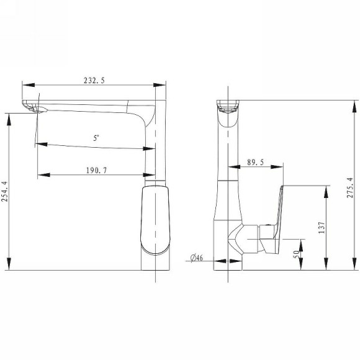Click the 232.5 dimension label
click(94, 80)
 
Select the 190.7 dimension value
click(96, 170)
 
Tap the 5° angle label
click(96, 138)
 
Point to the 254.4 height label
click(4, 191)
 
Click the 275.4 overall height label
click(349, 187)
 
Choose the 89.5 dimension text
click(255, 163)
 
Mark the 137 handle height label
click(322, 228)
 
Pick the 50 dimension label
click(297, 254)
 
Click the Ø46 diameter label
click(197, 258)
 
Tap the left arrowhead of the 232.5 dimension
click(29, 85)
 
